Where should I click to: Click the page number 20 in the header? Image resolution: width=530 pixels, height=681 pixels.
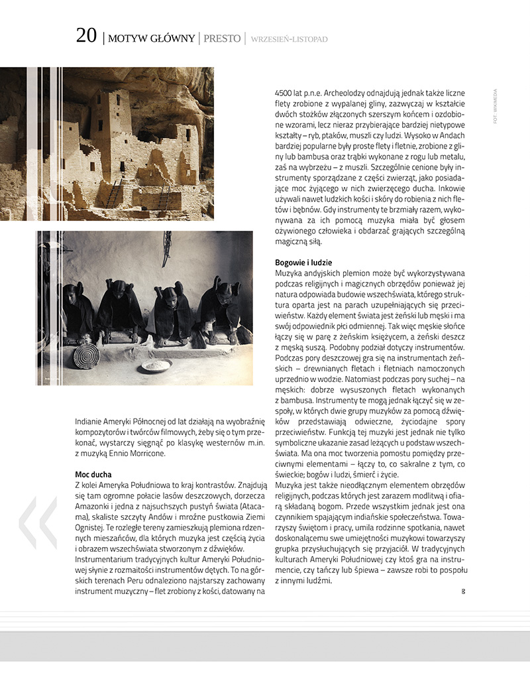(86, 36)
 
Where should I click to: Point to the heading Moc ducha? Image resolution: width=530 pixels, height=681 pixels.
(93, 475)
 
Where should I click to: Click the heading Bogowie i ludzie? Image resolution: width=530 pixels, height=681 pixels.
(303, 263)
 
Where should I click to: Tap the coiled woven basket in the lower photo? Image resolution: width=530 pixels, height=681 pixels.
(86, 355)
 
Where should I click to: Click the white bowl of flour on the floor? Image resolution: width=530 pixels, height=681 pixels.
(157, 365)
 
